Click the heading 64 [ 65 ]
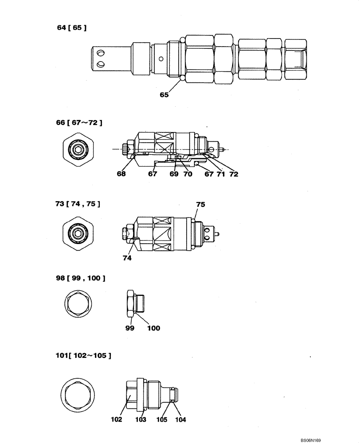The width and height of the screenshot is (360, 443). click(71, 27)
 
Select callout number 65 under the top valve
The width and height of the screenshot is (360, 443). click(164, 94)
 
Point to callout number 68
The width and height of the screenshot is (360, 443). click(121, 174)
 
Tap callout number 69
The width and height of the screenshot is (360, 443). click(174, 174)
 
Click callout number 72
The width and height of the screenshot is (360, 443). click(233, 174)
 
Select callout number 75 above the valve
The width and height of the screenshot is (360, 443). click(200, 205)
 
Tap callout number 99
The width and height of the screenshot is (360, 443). click(129, 328)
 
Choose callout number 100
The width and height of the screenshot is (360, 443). click(153, 328)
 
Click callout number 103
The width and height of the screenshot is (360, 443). click(141, 420)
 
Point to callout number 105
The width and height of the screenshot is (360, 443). click(162, 420)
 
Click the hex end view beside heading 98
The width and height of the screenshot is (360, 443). click(80, 307)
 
